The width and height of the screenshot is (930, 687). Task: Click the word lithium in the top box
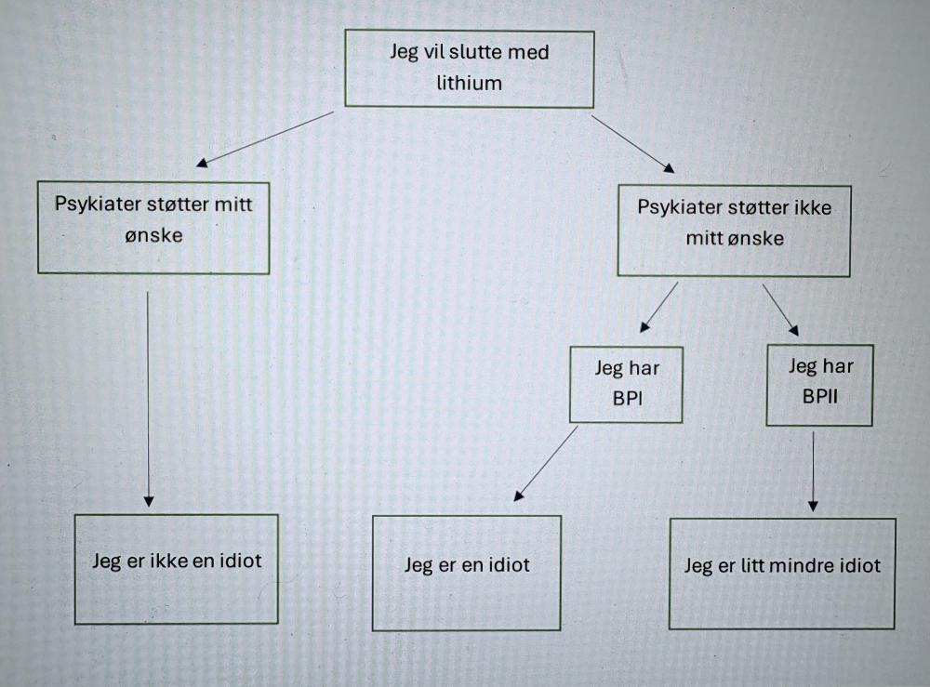coord(470,83)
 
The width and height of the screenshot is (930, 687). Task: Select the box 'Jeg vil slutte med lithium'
coord(470,68)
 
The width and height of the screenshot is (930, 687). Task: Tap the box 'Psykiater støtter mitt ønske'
coord(153,228)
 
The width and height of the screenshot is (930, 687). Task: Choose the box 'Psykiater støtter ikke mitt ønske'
coord(734,230)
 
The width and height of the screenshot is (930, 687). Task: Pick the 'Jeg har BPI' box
coord(627,384)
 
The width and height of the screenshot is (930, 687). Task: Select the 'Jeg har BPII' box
coord(819,385)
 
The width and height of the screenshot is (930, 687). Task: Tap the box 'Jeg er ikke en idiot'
coord(176,568)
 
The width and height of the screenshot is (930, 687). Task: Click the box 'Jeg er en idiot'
coord(467,573)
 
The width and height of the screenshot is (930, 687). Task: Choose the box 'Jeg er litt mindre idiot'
coord(782,573)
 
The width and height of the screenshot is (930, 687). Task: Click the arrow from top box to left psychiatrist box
coord(265,139)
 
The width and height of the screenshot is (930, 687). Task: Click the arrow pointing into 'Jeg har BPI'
coord(658,309)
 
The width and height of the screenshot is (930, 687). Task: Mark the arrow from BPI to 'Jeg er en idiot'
coord(546,463)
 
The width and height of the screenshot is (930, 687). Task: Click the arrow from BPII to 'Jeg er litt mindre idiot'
coord(813,469)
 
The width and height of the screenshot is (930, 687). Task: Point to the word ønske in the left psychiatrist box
coord(153,234)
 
